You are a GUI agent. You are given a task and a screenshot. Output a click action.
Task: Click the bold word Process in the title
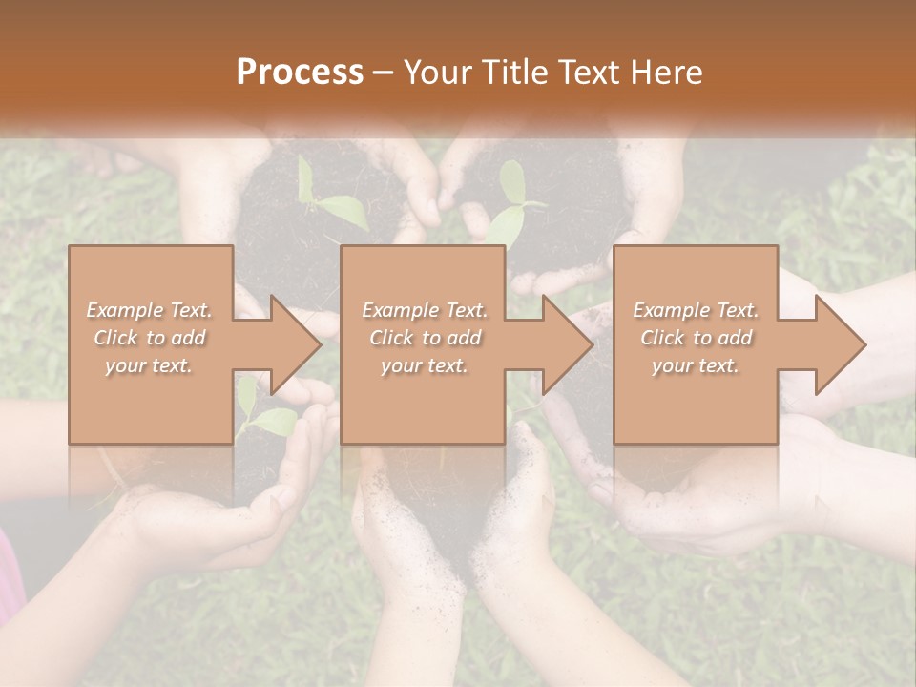pos(300,73)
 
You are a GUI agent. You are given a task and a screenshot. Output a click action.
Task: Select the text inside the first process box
pos(150,338)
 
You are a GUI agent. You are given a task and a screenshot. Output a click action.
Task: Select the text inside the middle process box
pos(425,338)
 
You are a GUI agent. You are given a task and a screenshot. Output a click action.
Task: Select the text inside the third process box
pos(696,338)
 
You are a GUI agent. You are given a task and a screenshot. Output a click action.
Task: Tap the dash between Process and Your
pos(384,73)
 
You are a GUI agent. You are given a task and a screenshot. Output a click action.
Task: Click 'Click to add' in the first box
pos(150,338)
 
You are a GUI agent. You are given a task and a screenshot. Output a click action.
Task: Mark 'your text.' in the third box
pos(696,365)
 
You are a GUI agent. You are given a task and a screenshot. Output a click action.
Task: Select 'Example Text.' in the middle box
pos(425,310)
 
